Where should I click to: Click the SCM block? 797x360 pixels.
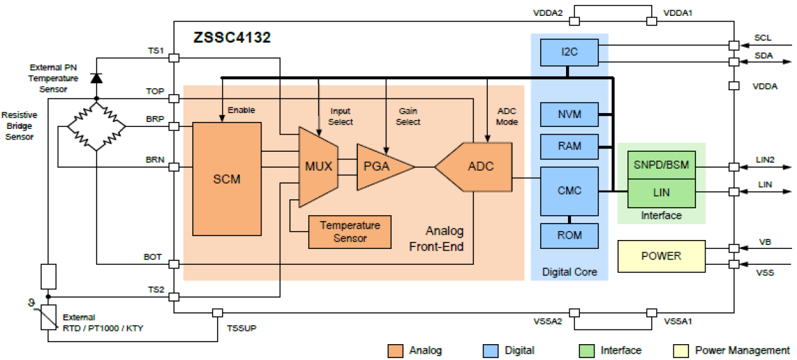[x=227, y=178]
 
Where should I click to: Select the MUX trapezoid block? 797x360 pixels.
[x=318, y=167]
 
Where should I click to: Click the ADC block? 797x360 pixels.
[x=480, y=167]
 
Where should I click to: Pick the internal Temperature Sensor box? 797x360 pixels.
[x=350, y=232]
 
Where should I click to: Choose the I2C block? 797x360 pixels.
[x=569, y=53]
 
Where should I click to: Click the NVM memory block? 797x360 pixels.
[x=569, y=114]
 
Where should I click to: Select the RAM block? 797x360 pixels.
[x=569, y=146]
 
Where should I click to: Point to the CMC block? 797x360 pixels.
[x=569, y=191]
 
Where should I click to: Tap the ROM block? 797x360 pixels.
[x=569, y=236]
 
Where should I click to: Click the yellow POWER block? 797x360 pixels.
[x=661, y=256]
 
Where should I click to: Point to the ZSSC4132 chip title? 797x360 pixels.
[x=232, y=37]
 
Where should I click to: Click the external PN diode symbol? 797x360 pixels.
[x=96, y=77]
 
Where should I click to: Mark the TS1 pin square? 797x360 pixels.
[x=174, y=58]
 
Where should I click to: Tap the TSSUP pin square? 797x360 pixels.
[x=217, y=313]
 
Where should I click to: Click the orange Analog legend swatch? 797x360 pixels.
[x=395, y=350]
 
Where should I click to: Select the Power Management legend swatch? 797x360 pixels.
[x=680, y=350]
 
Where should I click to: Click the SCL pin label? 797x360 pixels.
[x=763, y=38]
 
